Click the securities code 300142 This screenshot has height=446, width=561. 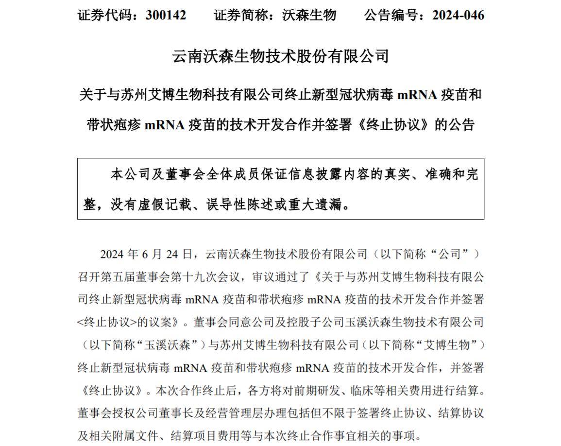pyautogui.click(x=166, y=15)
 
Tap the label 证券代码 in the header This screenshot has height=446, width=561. pyautogui.click(x=104, y=15)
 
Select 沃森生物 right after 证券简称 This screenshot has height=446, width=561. pyautogui.click(x=309, y=15)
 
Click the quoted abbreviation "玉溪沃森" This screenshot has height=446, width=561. pyautogui.click(x=171, y=344)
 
